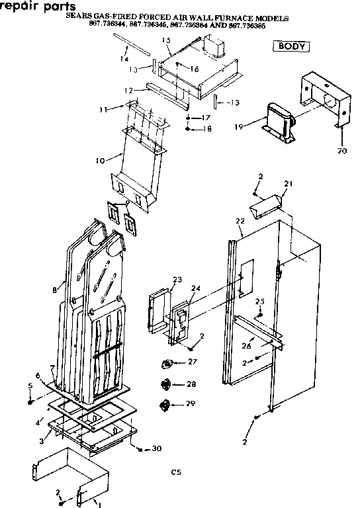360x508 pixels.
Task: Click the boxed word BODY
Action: point(292,46)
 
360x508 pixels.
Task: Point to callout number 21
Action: point(287,183)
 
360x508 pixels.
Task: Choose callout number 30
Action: point(156,449)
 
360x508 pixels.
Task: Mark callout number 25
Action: point(260,302)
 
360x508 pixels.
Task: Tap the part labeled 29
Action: point(166,404)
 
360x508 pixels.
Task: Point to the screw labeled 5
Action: point(31,402)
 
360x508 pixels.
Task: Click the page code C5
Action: point(175,473)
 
